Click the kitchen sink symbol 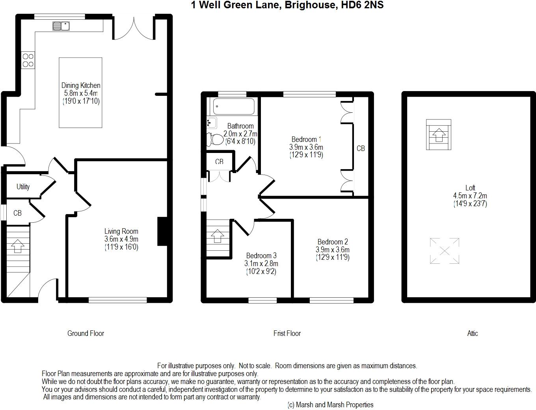coord(61,26)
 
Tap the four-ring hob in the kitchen coord(28,60)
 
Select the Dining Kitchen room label coord(81,86)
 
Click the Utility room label coord(23,187)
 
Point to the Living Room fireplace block coord(162,231)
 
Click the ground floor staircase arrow coord(18,246)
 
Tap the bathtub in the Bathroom coord(234,106)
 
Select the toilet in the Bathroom coord(215,140)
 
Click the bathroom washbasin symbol coord(212,123)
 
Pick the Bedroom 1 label coord(306,140)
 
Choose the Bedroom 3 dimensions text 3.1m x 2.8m coord(261,263)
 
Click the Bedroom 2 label coord(333,242)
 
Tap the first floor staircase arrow coord(217,236)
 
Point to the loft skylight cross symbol coord(445,251)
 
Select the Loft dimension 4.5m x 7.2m coord(470,196)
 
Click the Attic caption coord(473,334)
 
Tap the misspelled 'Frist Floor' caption coord(287,334)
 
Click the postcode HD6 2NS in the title coord(362,5)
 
